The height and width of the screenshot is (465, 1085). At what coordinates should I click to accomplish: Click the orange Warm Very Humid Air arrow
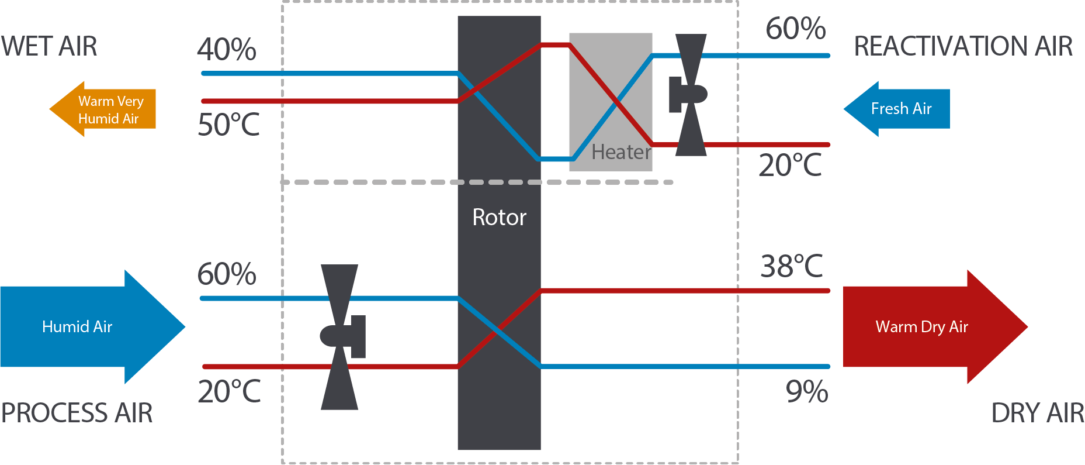coord(105,109)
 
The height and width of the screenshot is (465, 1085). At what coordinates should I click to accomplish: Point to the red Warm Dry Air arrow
coord(929,326)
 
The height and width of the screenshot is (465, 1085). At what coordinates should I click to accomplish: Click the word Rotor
coord(499,218)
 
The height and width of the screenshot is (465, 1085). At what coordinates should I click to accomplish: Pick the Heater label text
coord(621,152)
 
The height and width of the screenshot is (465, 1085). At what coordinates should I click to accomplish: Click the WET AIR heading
coord(49,46)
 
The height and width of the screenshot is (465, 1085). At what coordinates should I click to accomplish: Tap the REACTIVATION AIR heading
coord(963,46)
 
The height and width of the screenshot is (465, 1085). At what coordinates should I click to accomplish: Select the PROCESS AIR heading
coord(77,413)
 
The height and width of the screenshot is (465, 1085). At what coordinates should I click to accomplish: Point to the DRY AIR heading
coord(1037,413)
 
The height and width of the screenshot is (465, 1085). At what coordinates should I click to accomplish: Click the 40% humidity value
coord(227,50)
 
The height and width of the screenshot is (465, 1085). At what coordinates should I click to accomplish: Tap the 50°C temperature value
coord(228,125)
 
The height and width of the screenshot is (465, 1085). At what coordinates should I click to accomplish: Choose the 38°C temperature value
coord(792,266)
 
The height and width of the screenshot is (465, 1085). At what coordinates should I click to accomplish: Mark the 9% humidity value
coord(807,391)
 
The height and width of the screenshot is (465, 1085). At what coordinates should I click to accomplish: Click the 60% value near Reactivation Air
coord(796,28)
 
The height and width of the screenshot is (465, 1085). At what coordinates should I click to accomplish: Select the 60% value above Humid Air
coord(227,274)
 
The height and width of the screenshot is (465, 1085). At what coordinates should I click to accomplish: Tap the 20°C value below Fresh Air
coord(790,165)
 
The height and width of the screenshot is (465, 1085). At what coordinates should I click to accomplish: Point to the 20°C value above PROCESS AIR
coord(229,391)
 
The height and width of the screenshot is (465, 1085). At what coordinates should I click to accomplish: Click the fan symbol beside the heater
coord(689,95)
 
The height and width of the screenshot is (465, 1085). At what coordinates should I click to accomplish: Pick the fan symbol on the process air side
coord(341,337)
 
